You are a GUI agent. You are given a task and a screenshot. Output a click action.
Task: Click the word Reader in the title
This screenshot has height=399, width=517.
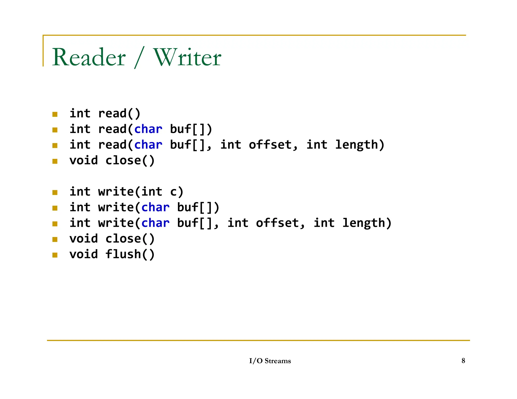point(89,58)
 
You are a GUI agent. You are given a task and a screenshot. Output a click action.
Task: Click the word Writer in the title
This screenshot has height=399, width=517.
point(187,58)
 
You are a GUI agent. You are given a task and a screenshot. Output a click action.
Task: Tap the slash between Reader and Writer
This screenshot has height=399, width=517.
point(140,58)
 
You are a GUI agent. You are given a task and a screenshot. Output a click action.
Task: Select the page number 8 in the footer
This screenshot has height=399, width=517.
point(463,361)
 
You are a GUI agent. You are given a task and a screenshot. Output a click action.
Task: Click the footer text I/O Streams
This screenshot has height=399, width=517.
point(270,361)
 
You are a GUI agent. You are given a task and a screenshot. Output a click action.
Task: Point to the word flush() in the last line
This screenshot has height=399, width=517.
point(130,254)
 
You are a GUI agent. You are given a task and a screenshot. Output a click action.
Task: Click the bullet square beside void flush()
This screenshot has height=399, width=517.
point(55,255)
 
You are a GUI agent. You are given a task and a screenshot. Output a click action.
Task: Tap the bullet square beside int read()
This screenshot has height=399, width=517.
point(55,115)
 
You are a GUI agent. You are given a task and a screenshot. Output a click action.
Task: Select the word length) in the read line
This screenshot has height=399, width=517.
point(359,145)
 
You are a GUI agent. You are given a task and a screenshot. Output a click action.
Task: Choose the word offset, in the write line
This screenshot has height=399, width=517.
point(280,223)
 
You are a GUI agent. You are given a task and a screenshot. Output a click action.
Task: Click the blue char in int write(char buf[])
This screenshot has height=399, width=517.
point(155,207)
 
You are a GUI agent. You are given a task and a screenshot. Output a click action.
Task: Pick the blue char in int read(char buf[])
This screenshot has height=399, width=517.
point(148,129)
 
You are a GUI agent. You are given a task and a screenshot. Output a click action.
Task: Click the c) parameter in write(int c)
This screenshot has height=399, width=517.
point(176,192)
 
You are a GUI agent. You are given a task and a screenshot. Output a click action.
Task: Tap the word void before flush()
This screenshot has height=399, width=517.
point(84,254)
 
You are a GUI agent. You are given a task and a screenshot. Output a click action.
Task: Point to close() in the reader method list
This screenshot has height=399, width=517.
point(130,160)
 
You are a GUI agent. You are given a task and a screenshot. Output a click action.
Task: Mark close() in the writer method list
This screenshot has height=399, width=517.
point(130,239)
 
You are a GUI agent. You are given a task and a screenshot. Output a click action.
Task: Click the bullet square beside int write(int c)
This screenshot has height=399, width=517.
point(55,193)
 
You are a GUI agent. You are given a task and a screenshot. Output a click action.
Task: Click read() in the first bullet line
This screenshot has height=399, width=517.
point(119,113)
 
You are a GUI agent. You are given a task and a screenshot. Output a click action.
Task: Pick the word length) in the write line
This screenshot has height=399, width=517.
point(367,223)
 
